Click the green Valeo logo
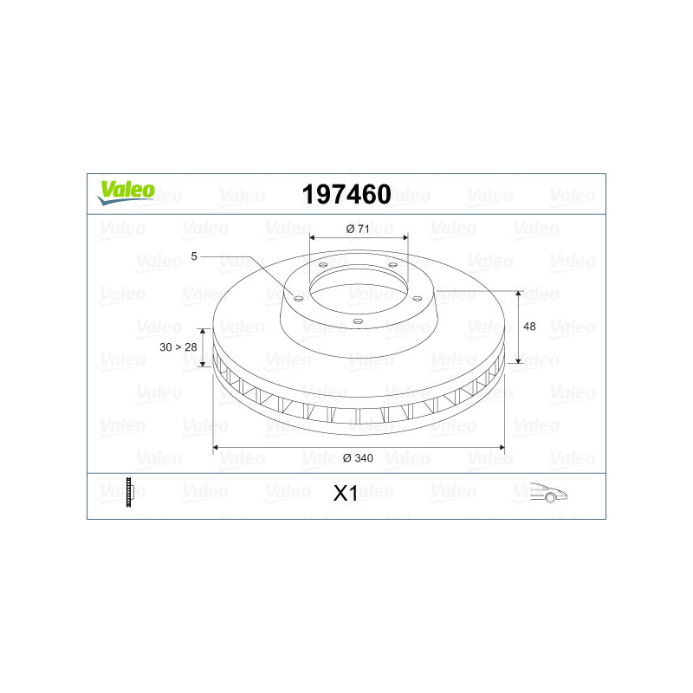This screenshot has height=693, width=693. coord(126,192)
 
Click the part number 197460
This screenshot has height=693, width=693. coord(346,194)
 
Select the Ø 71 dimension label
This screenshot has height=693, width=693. coord(358,229)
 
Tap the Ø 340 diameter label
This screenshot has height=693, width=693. coord(358,458)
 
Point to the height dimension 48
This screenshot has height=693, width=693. coord(529,327)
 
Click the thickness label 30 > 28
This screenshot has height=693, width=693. coord(178,347)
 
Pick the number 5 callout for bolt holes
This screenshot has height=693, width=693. coord(193,256)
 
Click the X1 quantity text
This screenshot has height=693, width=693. coord(345,493)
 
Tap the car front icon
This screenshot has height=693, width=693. coord(548,492)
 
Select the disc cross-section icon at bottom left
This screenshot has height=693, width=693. coord(129,492)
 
